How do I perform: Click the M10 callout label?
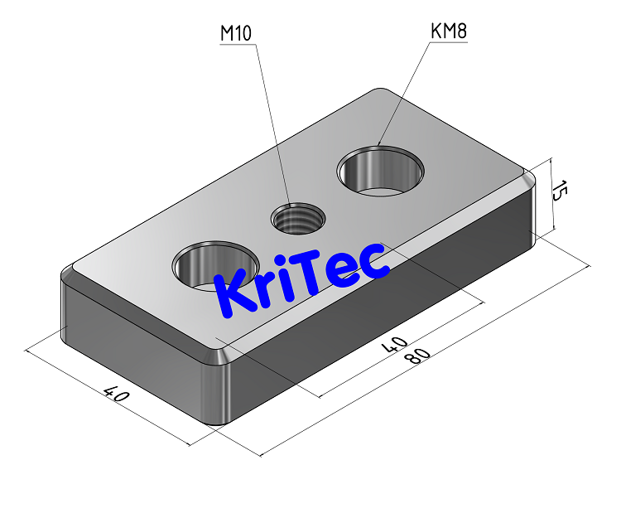pos(236,33)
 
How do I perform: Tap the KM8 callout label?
pos(450,31)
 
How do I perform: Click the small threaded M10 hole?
pos(298,219)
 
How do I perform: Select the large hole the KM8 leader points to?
pos(381,171)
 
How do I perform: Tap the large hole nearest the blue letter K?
pos(211,267)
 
